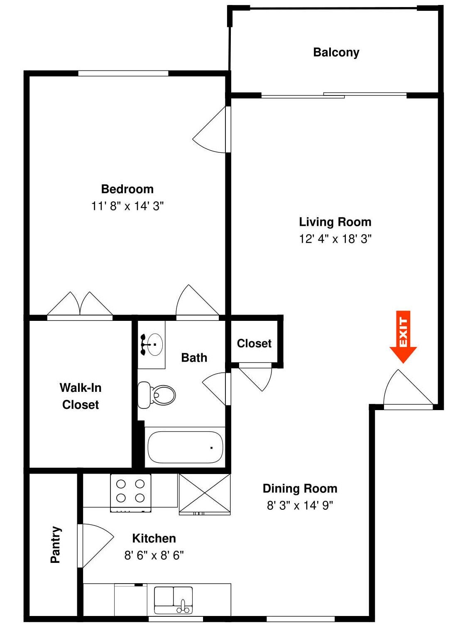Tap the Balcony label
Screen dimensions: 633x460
point(336,52)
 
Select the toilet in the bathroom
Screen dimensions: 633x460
point(157,395)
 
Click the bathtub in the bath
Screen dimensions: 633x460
point(185,447)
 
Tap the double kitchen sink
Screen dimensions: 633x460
point(173,600)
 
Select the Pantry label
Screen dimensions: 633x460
point(56,544)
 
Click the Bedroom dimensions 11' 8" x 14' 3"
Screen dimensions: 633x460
point(127,206)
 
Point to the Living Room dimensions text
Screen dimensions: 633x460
point(335,239)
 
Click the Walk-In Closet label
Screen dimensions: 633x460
point(81,396)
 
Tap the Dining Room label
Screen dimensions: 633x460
point(300,488)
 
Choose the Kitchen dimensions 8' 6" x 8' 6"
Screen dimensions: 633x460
point(154,555)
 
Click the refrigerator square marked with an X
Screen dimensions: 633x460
point(205,494)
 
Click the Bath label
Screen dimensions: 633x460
point(194,357)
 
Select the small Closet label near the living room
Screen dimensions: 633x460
point(254,343)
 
